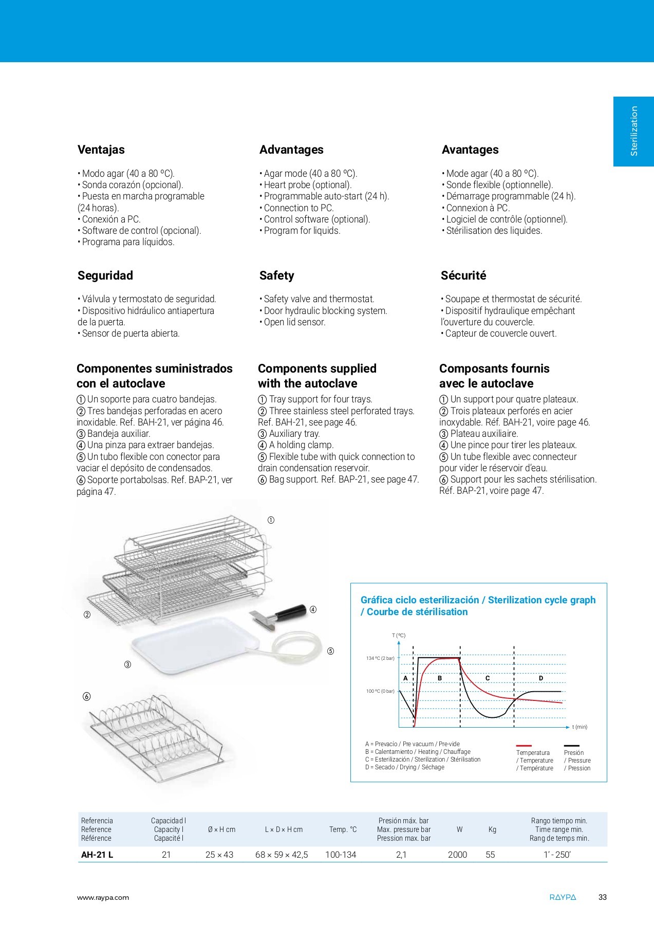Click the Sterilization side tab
click(x=633, y=132)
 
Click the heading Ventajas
click(x=101, y=150)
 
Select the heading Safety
click(x=276, y=275)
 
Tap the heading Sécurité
click(x=463, y=275)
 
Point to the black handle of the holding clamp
click(x=290, y=611)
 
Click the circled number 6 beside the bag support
click(x=86, y=696)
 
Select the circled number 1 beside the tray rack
click(x=271, y=520)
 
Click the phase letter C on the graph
click(x=488, y=678)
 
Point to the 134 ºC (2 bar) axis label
click(x=380, y=658)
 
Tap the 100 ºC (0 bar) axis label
click(x=380, y=691)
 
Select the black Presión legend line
click(x=571, y=745)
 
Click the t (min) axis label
click(x=580, y=727)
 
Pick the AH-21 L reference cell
click(x=97, y=855)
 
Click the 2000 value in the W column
click(x=457, y=855)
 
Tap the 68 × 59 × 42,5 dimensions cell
click(x=282, y=855)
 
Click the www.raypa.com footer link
click(x=103, y=898)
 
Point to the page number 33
click(x=603, y=898)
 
